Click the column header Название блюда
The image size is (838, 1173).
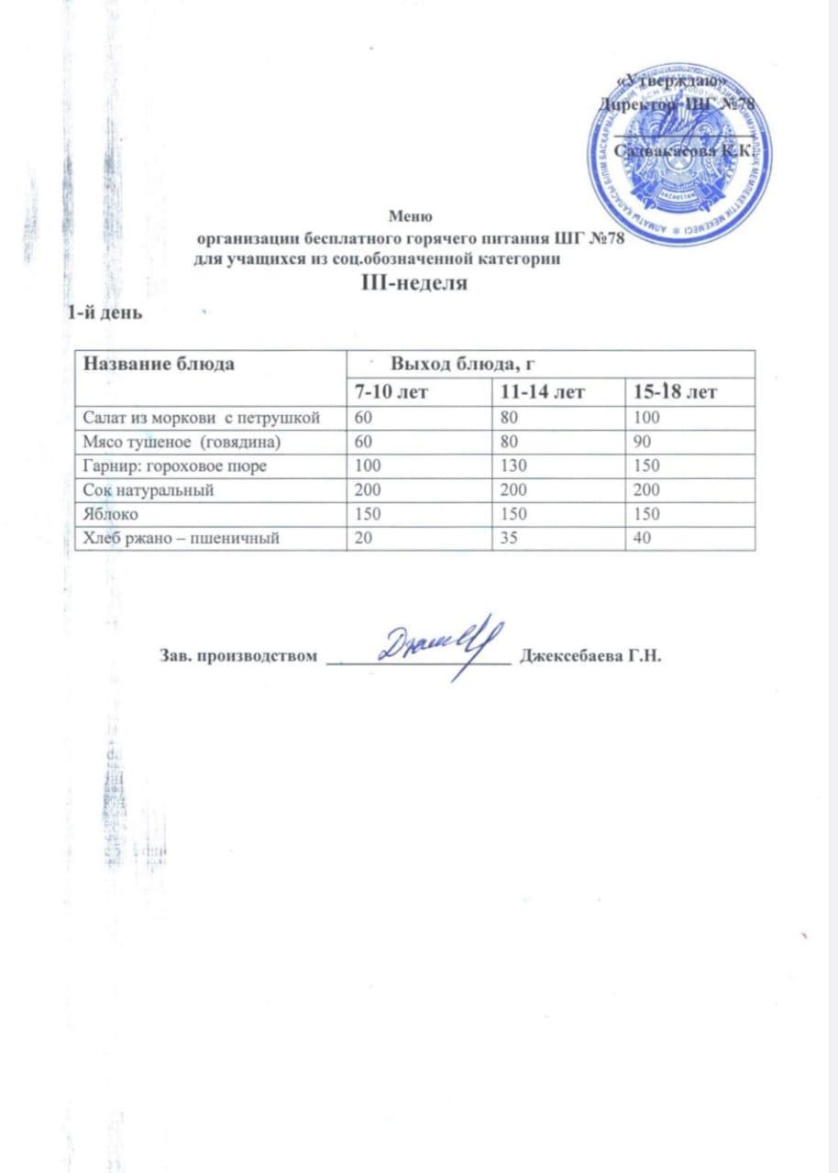(160, 364)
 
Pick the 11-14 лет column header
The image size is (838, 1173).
(539, 393)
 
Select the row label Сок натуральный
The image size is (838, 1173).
(149, 490)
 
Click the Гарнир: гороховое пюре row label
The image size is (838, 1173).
(175, 466)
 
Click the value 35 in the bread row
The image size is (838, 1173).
(504, 540)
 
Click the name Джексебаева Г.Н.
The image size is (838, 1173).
(590, 656)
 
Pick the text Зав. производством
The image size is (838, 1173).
(239, 656)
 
